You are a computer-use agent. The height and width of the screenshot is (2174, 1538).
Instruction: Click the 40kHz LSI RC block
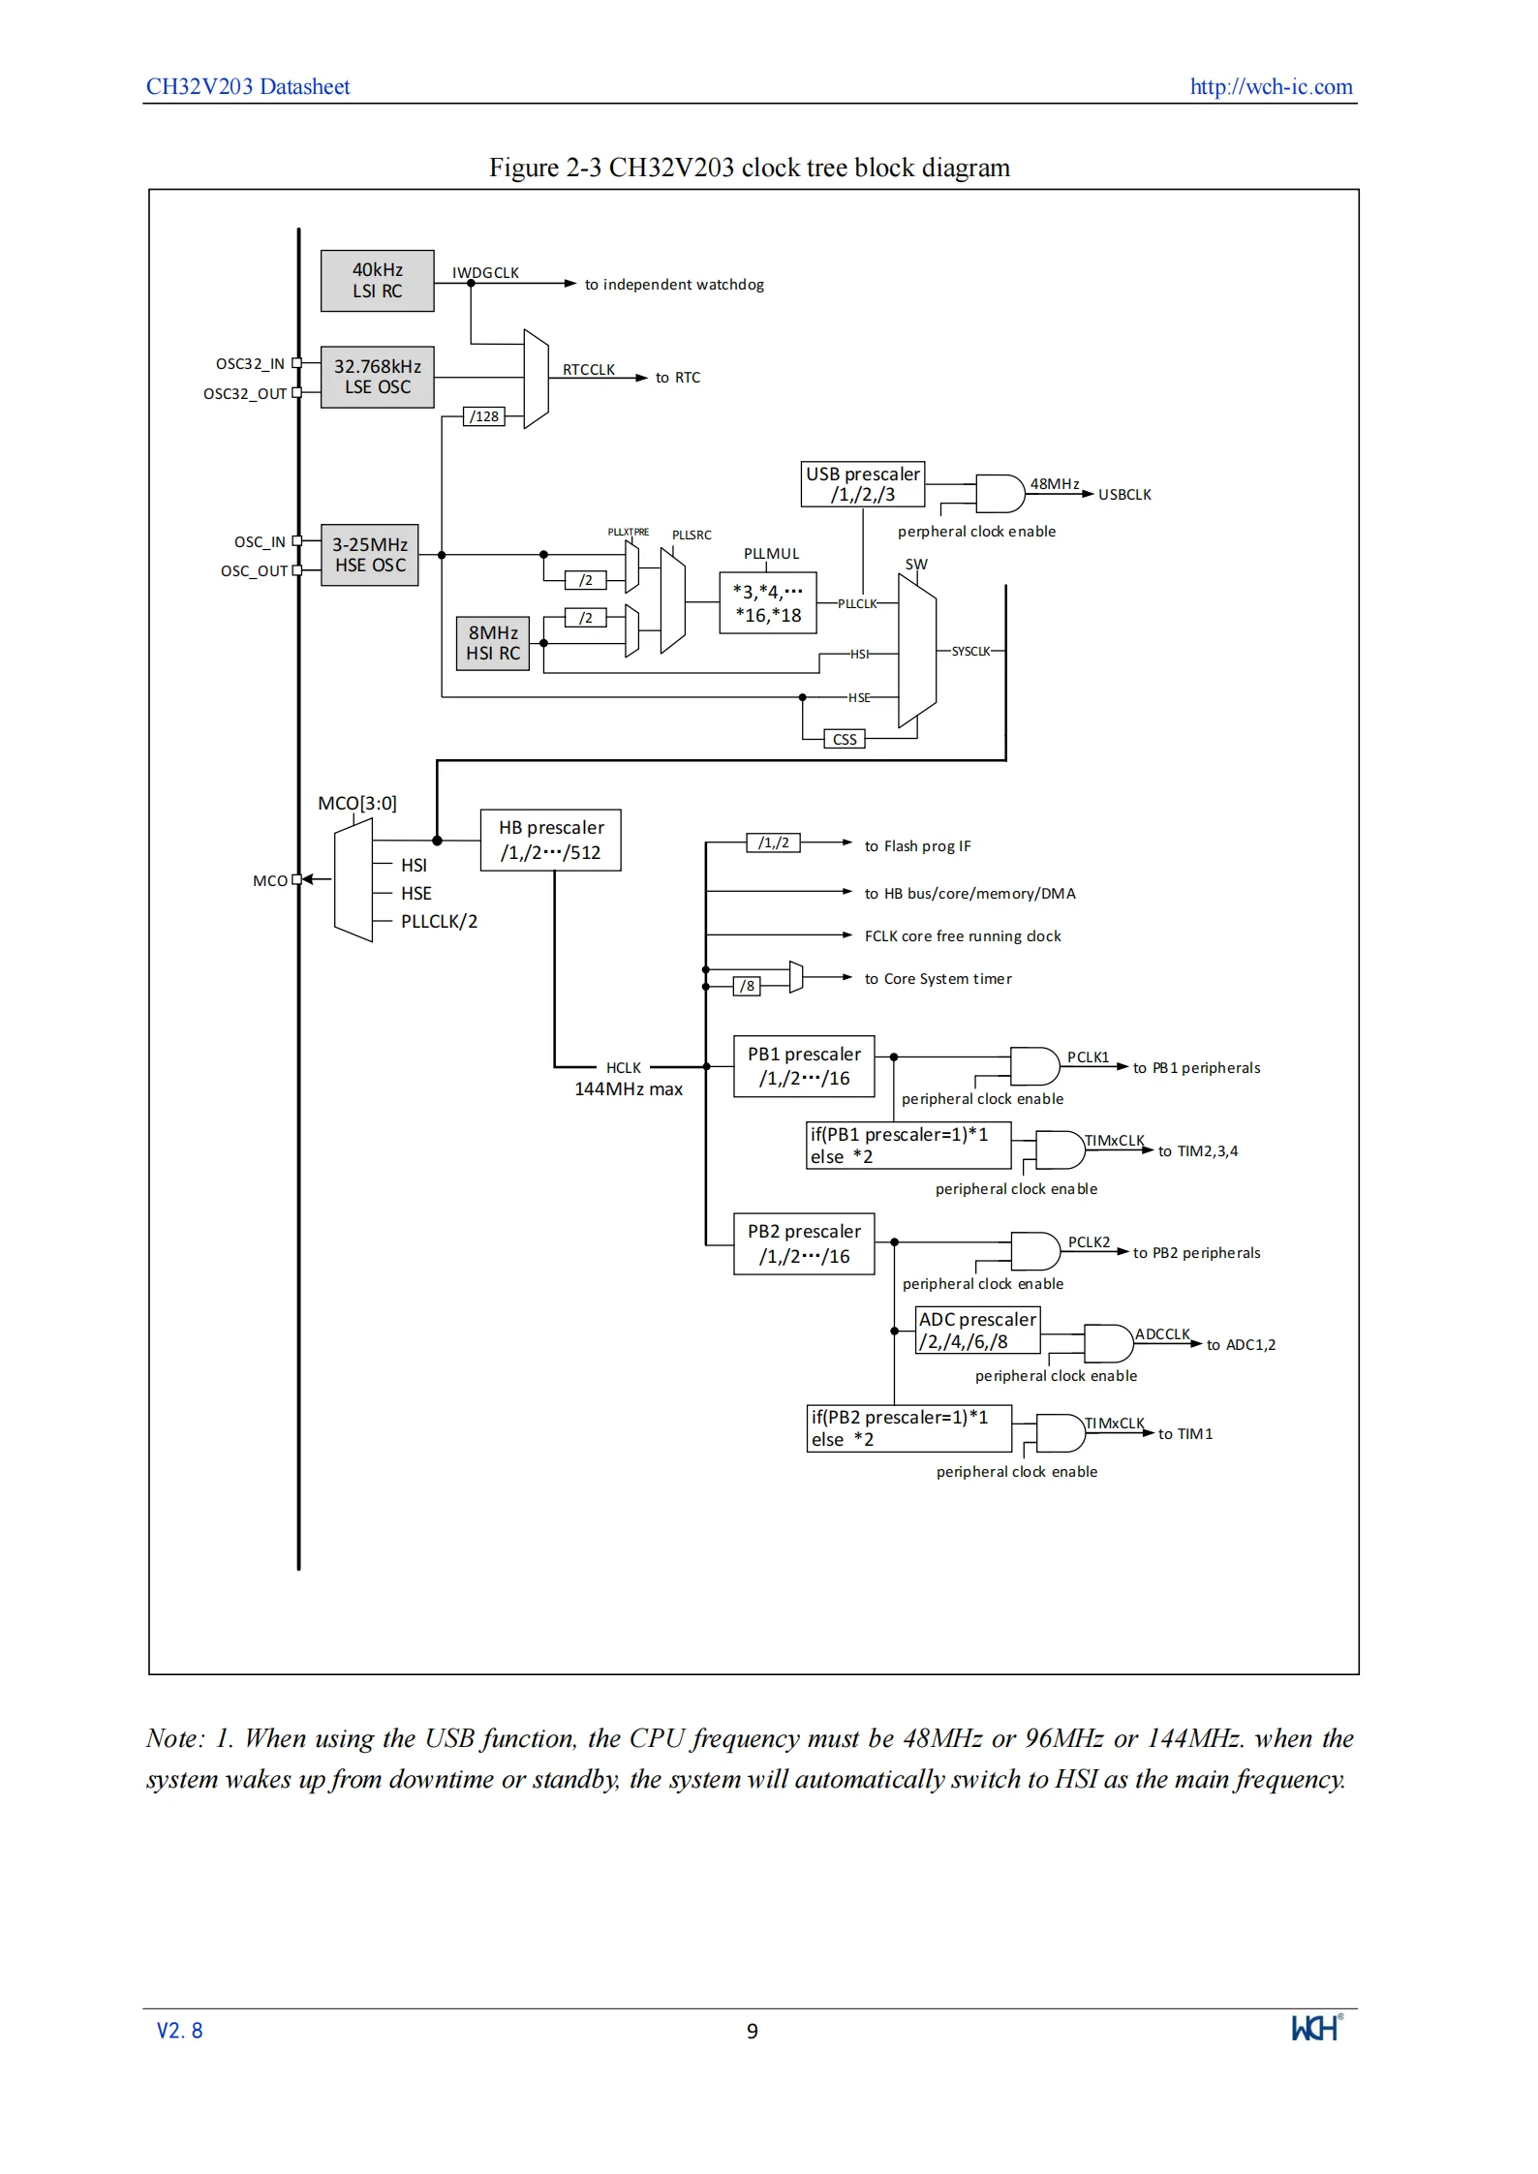pos(377,280)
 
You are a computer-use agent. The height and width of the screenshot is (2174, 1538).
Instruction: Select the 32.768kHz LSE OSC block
pos(377,377)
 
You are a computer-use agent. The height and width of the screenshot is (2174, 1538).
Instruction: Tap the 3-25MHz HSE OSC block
pos(369,555)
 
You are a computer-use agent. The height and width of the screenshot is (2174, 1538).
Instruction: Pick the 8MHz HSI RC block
pos(493,643)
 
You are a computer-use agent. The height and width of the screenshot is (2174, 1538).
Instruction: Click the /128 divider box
pos(484,416)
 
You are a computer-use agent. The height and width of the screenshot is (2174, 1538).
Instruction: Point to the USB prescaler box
pos(863,484)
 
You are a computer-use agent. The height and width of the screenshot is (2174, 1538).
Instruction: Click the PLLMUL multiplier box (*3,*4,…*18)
pos(768,603)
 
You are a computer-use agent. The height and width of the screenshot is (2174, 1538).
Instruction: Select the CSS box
pos(845,739)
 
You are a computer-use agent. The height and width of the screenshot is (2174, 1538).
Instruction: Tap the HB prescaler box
pos(551,840)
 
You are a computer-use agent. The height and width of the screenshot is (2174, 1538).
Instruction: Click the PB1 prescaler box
pos(804,1066)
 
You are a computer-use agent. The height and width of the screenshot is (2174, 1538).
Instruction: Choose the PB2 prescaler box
pos(804,1243)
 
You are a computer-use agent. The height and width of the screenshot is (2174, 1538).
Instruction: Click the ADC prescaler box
pos(977,1331)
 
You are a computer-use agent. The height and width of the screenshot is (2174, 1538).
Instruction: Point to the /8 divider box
pos(747,986)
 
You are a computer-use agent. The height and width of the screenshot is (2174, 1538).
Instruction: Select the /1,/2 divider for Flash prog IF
pos(773,842)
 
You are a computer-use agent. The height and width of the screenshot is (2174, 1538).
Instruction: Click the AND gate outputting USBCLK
pos(1000,494)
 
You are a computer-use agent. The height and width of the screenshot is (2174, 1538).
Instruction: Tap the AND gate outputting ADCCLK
pos(1109,1344)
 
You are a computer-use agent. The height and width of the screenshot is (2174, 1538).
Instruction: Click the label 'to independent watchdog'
pos(674,285)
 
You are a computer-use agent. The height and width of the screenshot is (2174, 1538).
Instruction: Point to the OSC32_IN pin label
pos(250,364)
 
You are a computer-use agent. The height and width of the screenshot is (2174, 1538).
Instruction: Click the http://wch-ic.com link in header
pos(1271,86)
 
